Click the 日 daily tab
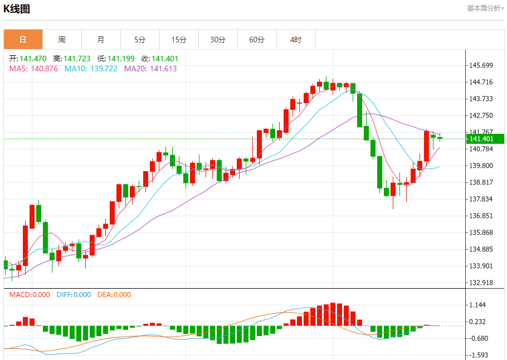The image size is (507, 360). pyautogui.click(x=23, y=40)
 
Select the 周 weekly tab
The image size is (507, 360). pyautogui.click(x=62, y=40)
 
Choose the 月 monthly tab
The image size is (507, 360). pyautogui.click(x=101, y=40)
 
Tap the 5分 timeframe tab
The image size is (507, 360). pyautogui.click(x=140, y=40)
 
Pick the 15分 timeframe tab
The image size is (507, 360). pyautogui.click(x=179, y=40)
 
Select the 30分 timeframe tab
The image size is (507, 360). pyautogui.click(x=218, y=40)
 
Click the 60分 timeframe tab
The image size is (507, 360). pyautogui.click(x=257, y=40)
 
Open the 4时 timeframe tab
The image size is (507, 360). pyautogui.click(x=296, y=40)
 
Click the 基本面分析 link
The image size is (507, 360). pyautogui.click(x=485, y=8)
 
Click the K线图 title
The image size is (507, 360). pyautogui.click(x=17, y=9)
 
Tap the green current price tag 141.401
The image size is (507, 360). pyautogui.click(x=485, y=139)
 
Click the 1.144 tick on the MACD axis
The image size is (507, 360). pyautogui.click(x=479, y=305)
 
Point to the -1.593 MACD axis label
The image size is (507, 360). pyautogui.click(x=479, y=355)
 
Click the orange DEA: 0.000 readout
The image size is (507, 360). pyautogui.click(x=114, y=295)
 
